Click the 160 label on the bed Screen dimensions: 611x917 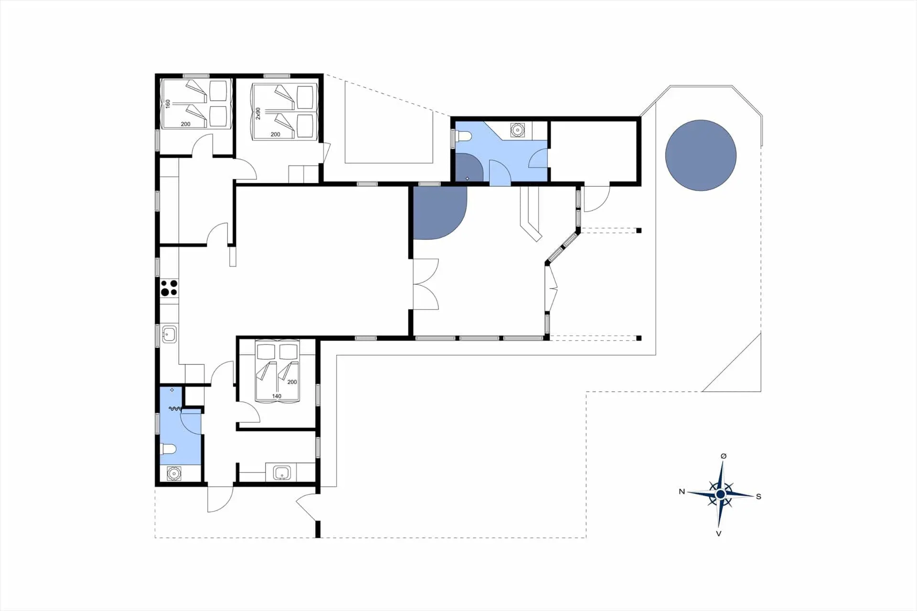coord(168,104)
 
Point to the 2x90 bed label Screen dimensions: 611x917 coord(258,113)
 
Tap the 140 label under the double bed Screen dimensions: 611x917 coord(277,396)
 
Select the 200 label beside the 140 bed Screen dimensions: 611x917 coord(292,382)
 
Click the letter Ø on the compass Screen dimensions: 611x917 coord(723,456)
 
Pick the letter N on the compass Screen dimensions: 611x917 coord(682,492)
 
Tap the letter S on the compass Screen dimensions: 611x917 coord(758,496)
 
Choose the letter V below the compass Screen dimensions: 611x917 coord(718,534)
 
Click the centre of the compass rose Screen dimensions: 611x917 coord(720,494)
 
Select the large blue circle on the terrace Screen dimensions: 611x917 coord(701,155)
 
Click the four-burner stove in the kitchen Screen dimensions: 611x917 coord(169,288)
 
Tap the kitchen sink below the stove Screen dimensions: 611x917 coord(169,334)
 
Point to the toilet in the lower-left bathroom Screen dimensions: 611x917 coord(168,449)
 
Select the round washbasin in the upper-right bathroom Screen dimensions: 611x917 coord(517,130)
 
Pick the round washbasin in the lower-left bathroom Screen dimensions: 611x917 coord(174,473)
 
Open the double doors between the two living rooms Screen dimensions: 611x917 coord(425,284)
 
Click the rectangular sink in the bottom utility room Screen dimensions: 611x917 coord(282,473)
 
